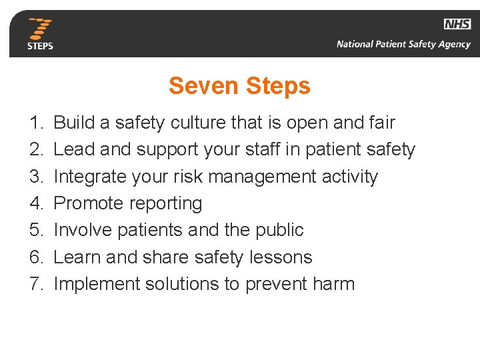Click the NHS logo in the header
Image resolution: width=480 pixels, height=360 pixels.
click(x=457, y=24)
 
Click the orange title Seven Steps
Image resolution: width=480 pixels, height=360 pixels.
click(x=239, y=86)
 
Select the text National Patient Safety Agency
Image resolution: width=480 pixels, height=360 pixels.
click(x=403, y=45)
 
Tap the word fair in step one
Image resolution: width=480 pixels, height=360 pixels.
click(x=381, y=123)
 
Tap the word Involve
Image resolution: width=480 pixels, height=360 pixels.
click(x=83, y=230)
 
